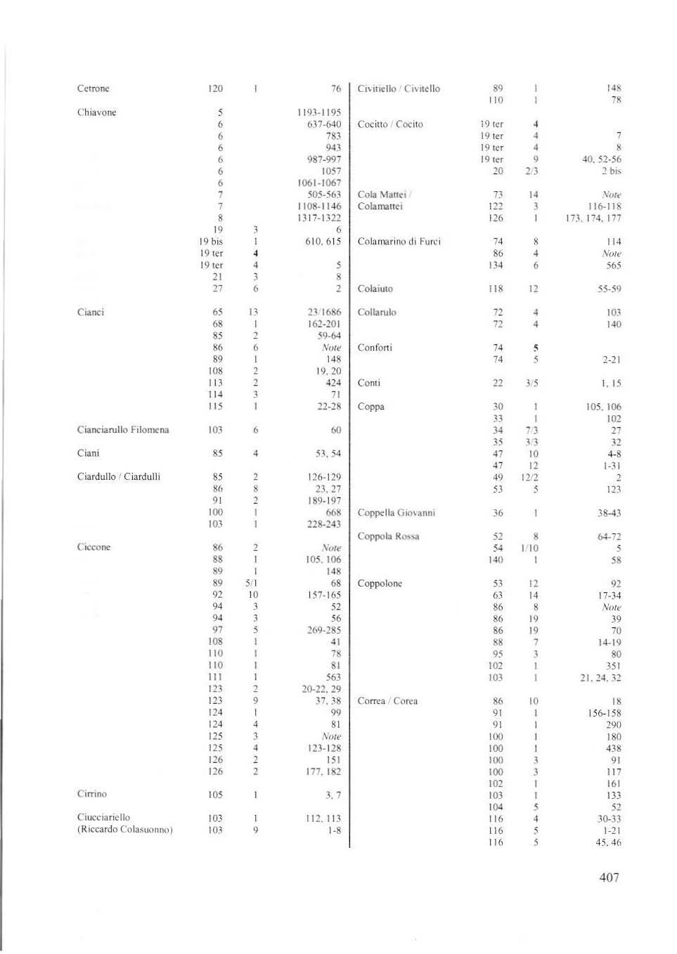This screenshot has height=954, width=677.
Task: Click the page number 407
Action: click(609, 877)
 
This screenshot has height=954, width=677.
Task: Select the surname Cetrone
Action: click(93, 89)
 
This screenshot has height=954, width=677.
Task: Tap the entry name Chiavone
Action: click(96, 112)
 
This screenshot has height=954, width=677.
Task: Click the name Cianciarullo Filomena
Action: click(123, 430)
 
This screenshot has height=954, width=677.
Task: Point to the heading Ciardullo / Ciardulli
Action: click(118, 477)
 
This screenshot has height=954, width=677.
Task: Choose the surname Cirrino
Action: click(91, 794)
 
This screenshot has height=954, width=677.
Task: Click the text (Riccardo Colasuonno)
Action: click(124, 830)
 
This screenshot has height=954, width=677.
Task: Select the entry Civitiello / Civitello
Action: click(399, 89)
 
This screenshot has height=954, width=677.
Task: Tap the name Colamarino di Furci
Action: click(399, 242)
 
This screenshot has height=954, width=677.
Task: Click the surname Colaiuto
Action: click(375, 289)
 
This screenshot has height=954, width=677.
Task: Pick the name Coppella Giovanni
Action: click(396, 513)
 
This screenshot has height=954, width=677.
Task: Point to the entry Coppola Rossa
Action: click(388, 537)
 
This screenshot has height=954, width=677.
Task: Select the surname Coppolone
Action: click(380, 584)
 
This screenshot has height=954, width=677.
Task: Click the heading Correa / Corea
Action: click(387, 701)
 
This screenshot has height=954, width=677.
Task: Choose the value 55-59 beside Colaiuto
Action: click(609, 289)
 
